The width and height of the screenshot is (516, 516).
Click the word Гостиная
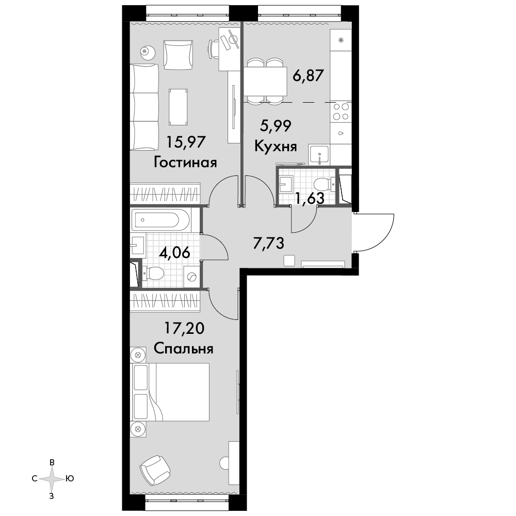click(185, 163)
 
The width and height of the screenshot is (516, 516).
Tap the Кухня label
click(276, 146)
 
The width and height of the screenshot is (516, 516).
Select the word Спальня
click(184, 348)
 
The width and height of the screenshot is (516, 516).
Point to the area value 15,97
click(186, 142)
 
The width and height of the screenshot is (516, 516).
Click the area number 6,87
click(309, 75)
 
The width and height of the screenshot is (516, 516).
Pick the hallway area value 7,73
click(268, 243)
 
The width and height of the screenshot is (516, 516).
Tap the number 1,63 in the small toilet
click(310, 198)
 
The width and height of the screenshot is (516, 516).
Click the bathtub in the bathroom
click(160, 220)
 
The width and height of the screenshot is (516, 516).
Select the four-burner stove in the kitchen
click(341, 111)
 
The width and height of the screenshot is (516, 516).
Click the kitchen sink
click(318, 155)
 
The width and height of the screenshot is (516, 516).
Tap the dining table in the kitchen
click(265, 82)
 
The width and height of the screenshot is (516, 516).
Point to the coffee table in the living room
click(179, 107)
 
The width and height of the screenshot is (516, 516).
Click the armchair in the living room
click(178, 55)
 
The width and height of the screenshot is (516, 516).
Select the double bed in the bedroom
click(171, 392)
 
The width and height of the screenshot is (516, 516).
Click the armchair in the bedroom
click(155, 470)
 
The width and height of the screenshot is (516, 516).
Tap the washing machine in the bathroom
click(191, 278)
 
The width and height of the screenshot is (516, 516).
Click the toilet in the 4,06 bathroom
click(153, 273)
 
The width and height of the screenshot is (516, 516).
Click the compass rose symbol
click(52, 479)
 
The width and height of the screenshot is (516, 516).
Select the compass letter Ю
click(70, 478)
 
